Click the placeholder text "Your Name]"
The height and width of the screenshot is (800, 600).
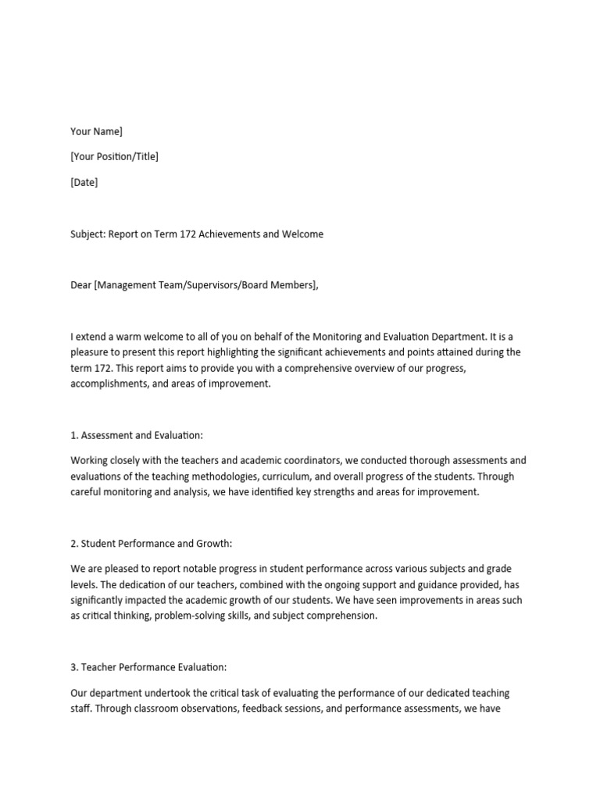tap(96, 131)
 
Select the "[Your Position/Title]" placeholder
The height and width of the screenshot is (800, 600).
tap(114, 157)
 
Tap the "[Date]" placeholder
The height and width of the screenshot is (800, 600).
tap(84, 183)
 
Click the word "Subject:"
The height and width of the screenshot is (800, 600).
tap(87, 234)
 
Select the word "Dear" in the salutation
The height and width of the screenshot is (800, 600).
tap(80, 285)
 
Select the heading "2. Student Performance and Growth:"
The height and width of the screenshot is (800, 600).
tap(152, 544)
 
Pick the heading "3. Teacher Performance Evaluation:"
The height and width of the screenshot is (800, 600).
tap(148, 667)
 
